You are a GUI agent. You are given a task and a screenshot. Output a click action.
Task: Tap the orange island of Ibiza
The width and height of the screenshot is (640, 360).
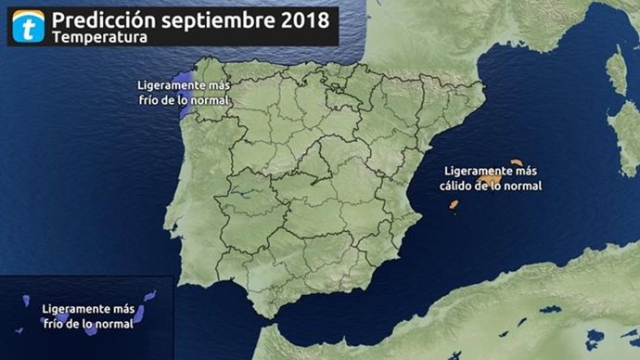[x=454, y=207]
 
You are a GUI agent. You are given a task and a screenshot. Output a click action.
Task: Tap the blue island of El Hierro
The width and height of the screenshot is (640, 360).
[x=19, y=329]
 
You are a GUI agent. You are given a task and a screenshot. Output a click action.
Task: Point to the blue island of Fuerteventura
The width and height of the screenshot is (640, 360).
[x=134, y=312]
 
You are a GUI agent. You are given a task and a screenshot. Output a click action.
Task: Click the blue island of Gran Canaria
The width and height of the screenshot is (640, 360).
[x=86, y=320]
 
